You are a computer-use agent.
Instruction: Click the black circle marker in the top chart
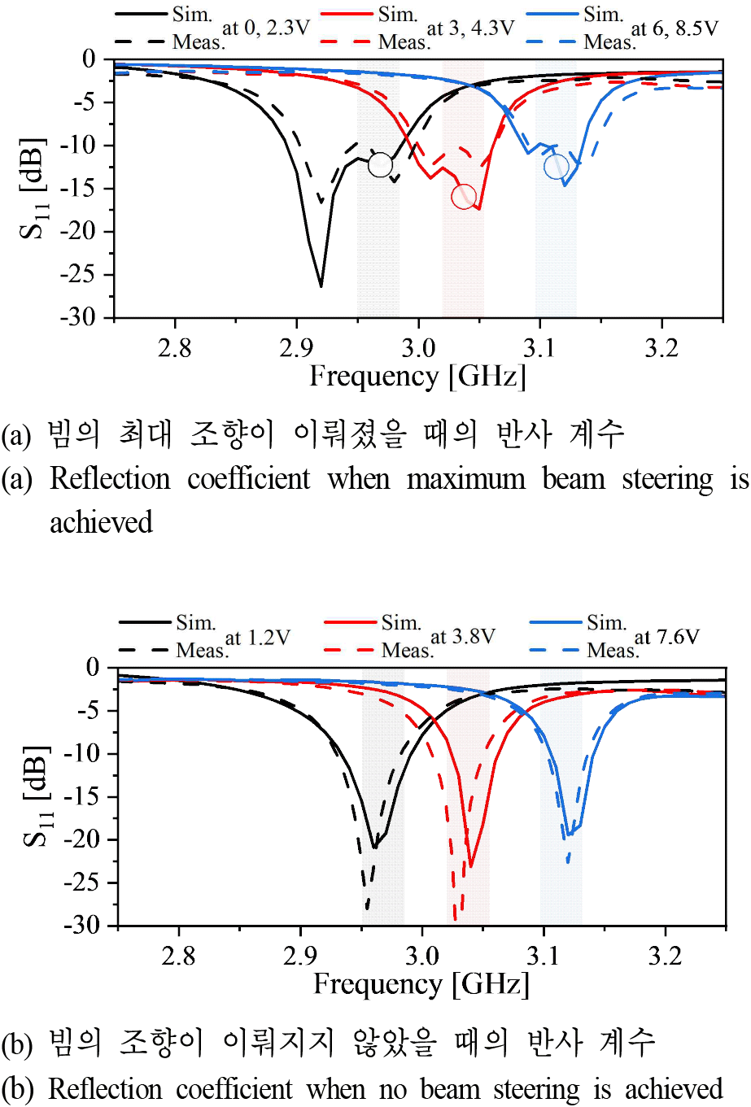380,165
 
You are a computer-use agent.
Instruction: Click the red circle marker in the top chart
464,196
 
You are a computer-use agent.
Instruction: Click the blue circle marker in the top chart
557,167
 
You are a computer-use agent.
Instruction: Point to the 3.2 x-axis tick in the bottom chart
665,956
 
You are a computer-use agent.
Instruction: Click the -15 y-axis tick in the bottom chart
81,796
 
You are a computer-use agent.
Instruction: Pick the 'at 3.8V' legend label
462,637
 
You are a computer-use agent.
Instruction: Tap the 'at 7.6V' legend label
667,637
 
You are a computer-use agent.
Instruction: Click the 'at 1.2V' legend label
257,637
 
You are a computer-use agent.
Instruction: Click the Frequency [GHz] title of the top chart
418,376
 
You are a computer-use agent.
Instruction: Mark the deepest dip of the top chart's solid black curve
321,285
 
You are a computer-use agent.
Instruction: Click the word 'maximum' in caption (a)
465,478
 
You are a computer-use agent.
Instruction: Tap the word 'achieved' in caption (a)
101,521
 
